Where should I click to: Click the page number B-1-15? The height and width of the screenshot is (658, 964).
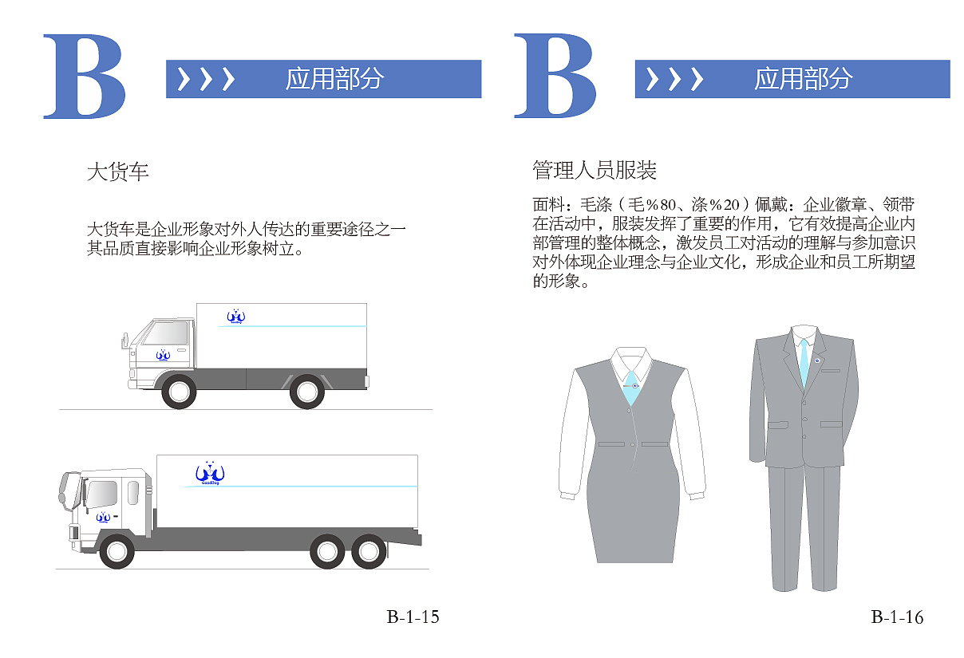[413, 617]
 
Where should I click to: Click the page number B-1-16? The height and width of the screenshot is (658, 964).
[897, 617]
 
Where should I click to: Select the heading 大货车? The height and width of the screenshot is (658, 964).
[117, 171]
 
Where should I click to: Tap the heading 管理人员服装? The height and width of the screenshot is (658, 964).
[595, 170]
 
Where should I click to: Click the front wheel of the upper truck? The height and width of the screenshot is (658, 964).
[178, 392]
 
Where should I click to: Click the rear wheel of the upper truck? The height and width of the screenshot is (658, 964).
[306, 392]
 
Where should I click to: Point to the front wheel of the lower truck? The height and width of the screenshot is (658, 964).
[117, 551]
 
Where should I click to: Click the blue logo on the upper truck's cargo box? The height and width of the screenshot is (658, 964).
[235, 317]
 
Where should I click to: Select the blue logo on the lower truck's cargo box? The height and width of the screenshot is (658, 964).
[211, 474]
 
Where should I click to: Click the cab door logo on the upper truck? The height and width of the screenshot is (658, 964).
[163, 355]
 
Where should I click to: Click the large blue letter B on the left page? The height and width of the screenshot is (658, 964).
[84, 77]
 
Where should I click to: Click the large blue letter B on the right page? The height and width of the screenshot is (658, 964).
[555, 77]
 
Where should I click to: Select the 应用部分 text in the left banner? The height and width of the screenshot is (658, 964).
[334, 79]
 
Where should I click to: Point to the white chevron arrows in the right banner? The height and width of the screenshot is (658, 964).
[674, 79]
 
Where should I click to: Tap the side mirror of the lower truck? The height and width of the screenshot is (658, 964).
[64, 491]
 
